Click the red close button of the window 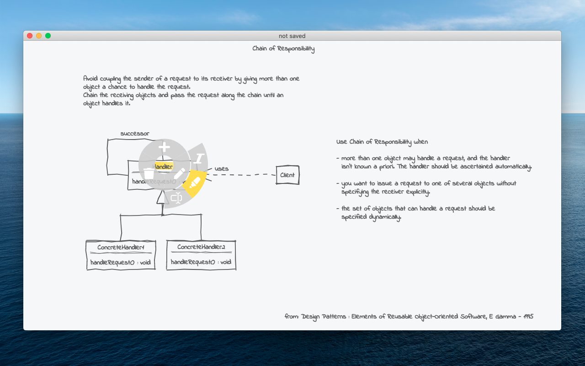pos(30,36)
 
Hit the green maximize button pos(48,36)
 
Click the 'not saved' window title pos(292,36)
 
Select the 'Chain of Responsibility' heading pos(283,49)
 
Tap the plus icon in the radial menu pos(164,147)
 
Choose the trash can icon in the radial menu pos(149,174)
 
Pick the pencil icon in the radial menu pos(179,173)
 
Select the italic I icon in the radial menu pos(198,159)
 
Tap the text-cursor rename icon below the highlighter pos(176,198)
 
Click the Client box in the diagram pos(287,175)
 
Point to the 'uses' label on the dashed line pos(221,169)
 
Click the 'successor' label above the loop pos(135,134)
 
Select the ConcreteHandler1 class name pos(121,248)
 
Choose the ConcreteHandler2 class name pos(201,247)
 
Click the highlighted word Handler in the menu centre pos(163,167)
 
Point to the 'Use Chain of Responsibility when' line pos(382,142)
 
